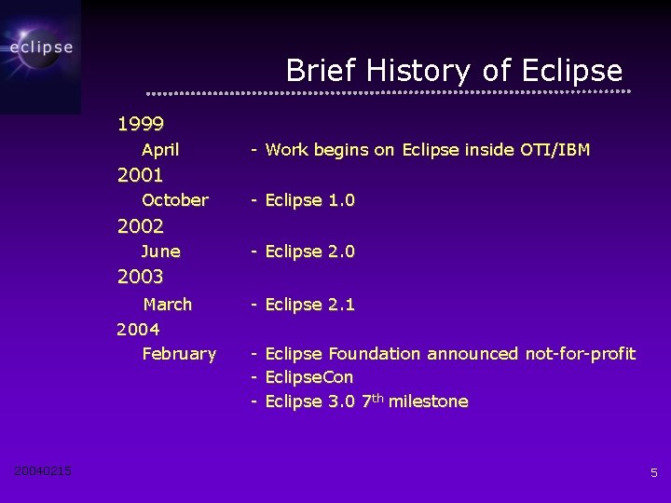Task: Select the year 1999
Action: (x=141, y=124)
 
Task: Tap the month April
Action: (x=160, y=150)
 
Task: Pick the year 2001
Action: (x=141, y=175)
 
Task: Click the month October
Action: (x=175, y=200)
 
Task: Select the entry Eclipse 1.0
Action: (x=309, y=200)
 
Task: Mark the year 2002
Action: (x=141, y=226)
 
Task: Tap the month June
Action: (x=161, y=251)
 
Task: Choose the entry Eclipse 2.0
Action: (x=309, y=251)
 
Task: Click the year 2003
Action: (x=141, y=277)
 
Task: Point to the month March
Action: (x=168, y=305)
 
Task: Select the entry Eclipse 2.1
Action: (x=309, y=305)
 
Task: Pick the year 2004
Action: (x=138, y=330)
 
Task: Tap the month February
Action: (x=179, y=354)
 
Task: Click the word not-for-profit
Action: (x=580, y=354)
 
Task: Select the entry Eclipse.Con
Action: (x=308, y=378)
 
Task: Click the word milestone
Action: (x=428, y=402)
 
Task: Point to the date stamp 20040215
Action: (x=43, y=471)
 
